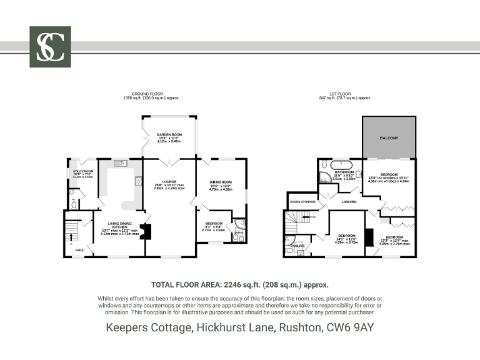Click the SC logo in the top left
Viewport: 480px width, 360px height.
(50, 47)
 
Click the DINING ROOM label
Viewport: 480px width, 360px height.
(221, 182)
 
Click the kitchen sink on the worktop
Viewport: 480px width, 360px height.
(119, 164)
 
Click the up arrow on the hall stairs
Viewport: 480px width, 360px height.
(71, 237)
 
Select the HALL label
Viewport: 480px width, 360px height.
(80, 249)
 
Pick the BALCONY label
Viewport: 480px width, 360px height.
(389, 137)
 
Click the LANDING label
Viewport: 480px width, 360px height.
(348, 202)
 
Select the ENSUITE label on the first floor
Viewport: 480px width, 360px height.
(298, 246)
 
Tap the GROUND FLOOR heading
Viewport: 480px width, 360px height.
(144, 94)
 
